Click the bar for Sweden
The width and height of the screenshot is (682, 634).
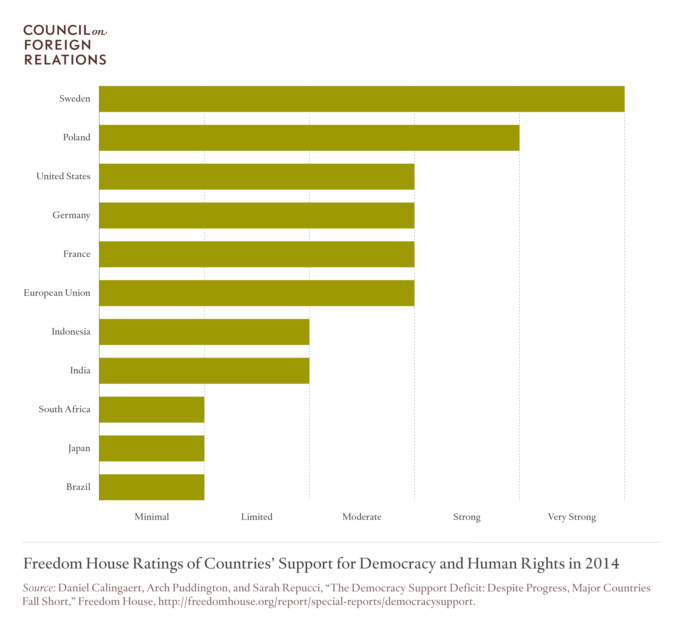362,99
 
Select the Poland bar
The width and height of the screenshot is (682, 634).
309,138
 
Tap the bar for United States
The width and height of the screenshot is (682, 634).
257,176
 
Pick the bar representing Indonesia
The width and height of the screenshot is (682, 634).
204,332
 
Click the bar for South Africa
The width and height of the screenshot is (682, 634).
152,409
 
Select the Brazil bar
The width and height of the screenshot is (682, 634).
152,487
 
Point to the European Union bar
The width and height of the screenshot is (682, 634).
257,293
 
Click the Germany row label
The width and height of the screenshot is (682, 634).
71,215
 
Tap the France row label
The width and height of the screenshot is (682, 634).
77,254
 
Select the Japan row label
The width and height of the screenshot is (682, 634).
79,448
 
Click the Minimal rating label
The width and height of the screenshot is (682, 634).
152,517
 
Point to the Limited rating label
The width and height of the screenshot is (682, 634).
257,517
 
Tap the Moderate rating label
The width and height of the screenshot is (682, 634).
362,517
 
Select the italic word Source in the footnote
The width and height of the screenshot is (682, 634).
39,588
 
